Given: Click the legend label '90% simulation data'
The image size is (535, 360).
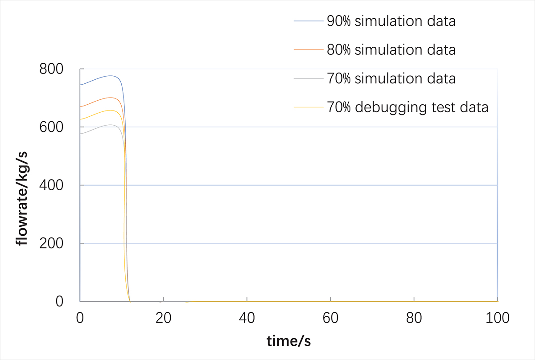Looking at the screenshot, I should click(391, 21).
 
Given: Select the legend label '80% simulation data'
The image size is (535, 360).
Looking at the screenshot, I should click(391, 49).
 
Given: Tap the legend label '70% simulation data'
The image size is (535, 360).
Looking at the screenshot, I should click(391, 78).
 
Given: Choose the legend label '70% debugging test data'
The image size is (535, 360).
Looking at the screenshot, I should click(407, 107).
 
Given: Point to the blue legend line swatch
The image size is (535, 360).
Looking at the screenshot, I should click(309, 21).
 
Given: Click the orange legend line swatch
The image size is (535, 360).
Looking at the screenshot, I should click(309, 49).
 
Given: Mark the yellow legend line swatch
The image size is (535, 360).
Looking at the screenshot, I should click(309, 107).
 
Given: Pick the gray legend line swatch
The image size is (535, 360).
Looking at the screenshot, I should click(309, 78).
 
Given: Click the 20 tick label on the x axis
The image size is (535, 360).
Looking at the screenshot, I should click(164, 318).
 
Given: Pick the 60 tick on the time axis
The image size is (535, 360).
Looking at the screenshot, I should click(330, 318).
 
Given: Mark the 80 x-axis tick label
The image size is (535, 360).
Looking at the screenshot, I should click(414, 318).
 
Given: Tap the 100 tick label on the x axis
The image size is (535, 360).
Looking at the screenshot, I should click(498, 318).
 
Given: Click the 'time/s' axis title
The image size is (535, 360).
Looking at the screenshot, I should click(288, 342).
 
